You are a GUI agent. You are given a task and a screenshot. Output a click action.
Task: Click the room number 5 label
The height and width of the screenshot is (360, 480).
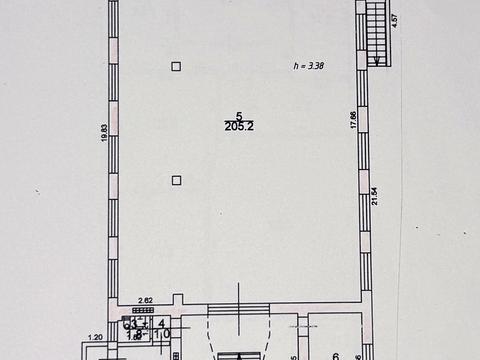pyautogui.click(x=239, y=115)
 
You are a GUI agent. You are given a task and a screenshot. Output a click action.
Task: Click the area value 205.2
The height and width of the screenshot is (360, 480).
pyautogui.click(x=239, y=126)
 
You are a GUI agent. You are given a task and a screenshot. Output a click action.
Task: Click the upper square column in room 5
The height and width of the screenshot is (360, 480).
pyautogui.click(x=176, y=66)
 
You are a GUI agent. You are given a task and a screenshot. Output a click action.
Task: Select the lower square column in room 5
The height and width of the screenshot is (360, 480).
pyautogui.click(x=176, y=180)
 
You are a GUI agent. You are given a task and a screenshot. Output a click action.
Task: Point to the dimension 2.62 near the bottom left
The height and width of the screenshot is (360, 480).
pyautogui.click(x=144, y=299)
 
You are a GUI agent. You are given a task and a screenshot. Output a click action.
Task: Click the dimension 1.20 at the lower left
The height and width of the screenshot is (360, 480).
pyautogui.click(x=96, y=337)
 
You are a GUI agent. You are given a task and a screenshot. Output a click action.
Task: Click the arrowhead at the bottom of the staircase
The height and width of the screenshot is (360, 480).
pyautogui.click(x=376, y=63)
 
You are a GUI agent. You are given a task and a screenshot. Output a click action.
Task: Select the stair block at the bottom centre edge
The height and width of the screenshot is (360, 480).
pyautogui.click(x=239, y=355)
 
